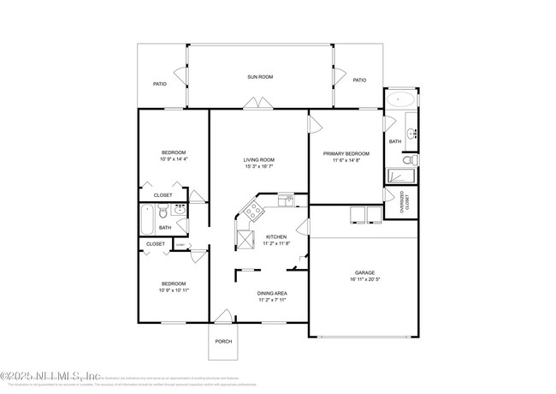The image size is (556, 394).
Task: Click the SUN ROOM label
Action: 260,77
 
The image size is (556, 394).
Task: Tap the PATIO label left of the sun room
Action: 159,84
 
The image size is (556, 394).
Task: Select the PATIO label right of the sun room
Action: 359,80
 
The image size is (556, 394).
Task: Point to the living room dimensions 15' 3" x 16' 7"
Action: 259,166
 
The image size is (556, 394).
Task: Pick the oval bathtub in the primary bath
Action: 400,100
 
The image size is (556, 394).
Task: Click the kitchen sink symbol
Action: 286,200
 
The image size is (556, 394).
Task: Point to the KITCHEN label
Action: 276,237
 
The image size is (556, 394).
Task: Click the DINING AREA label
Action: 272,294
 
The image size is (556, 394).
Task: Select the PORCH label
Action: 223,341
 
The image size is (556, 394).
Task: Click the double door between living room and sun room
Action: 254,103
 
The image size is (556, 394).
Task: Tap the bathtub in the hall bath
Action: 145,219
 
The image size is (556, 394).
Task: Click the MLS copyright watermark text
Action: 51,376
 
